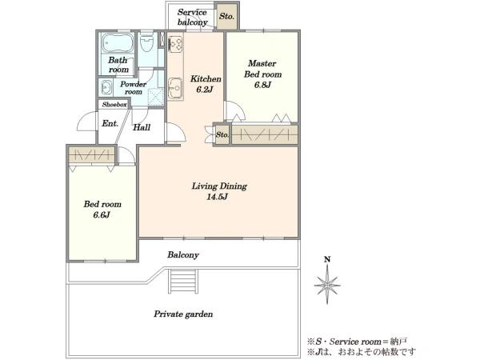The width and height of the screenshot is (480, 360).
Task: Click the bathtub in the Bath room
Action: [x=118, y=43]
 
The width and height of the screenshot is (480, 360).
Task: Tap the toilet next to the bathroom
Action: [x=146, y=44]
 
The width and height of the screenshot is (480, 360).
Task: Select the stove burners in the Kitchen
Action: [x=176, y=43]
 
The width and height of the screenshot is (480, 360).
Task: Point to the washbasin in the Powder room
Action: [x=106, y=87]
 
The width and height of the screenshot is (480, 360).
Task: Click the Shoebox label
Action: [x=114, y=104]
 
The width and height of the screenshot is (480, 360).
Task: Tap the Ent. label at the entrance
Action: [x=110, y=123]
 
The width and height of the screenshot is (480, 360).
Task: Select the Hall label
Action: [x=142, y=127]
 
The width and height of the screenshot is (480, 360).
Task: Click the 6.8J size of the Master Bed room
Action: [x=262, y=85]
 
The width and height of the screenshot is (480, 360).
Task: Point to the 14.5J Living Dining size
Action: [x=217, y=197]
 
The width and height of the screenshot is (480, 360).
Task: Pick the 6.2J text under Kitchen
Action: [x=205, y=90]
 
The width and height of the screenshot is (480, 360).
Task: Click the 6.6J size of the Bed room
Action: [x=102, y=214]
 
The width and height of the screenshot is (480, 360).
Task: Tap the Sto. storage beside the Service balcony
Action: [x=226, y=16]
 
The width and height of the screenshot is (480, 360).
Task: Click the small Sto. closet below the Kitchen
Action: [x=222, y=134]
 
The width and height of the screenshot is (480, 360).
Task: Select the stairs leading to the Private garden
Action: [x=182, y=282]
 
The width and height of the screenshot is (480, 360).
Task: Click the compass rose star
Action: [x=327, y=285]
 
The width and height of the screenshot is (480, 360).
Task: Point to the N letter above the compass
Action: [x=327, y=259]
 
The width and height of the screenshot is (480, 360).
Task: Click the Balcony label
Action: [x=183, y=254]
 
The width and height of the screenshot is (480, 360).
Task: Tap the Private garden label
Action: [x=183, y=314]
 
